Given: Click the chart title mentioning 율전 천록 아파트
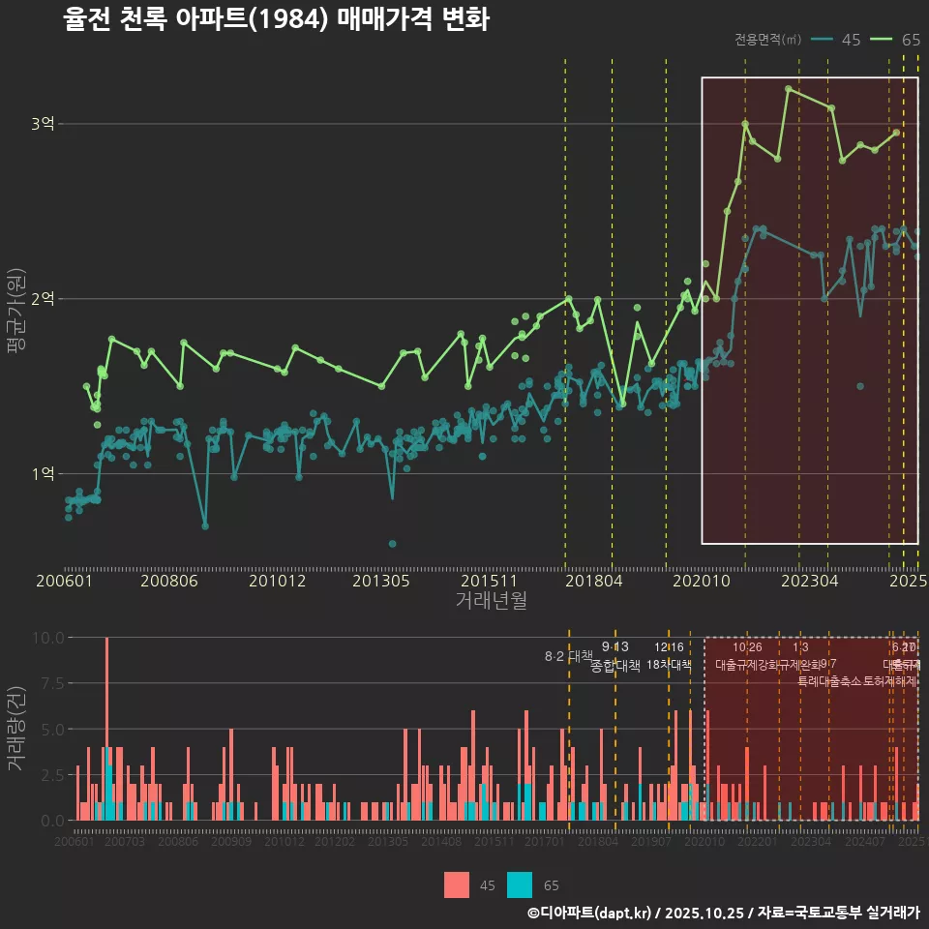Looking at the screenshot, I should [276, 20].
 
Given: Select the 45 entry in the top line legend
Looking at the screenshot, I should [838, 40].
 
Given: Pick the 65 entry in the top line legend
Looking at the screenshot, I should [897, 40].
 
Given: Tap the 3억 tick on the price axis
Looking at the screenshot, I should [44, 124].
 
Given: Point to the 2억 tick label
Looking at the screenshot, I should [44, 299].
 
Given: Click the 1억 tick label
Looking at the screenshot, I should [44, 474].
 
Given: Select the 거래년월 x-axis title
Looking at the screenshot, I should [491, 601].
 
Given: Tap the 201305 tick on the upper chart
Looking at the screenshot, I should [381, 582].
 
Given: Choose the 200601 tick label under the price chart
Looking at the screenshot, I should [64, 582].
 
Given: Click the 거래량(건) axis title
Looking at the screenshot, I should [16, 729].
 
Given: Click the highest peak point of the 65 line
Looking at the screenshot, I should [789, 88].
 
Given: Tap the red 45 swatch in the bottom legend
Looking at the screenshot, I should [457, 884].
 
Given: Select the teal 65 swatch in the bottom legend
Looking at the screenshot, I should [520, 884].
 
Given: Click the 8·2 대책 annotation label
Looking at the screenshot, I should [568, 656].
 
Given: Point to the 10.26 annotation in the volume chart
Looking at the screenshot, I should [747, 647].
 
